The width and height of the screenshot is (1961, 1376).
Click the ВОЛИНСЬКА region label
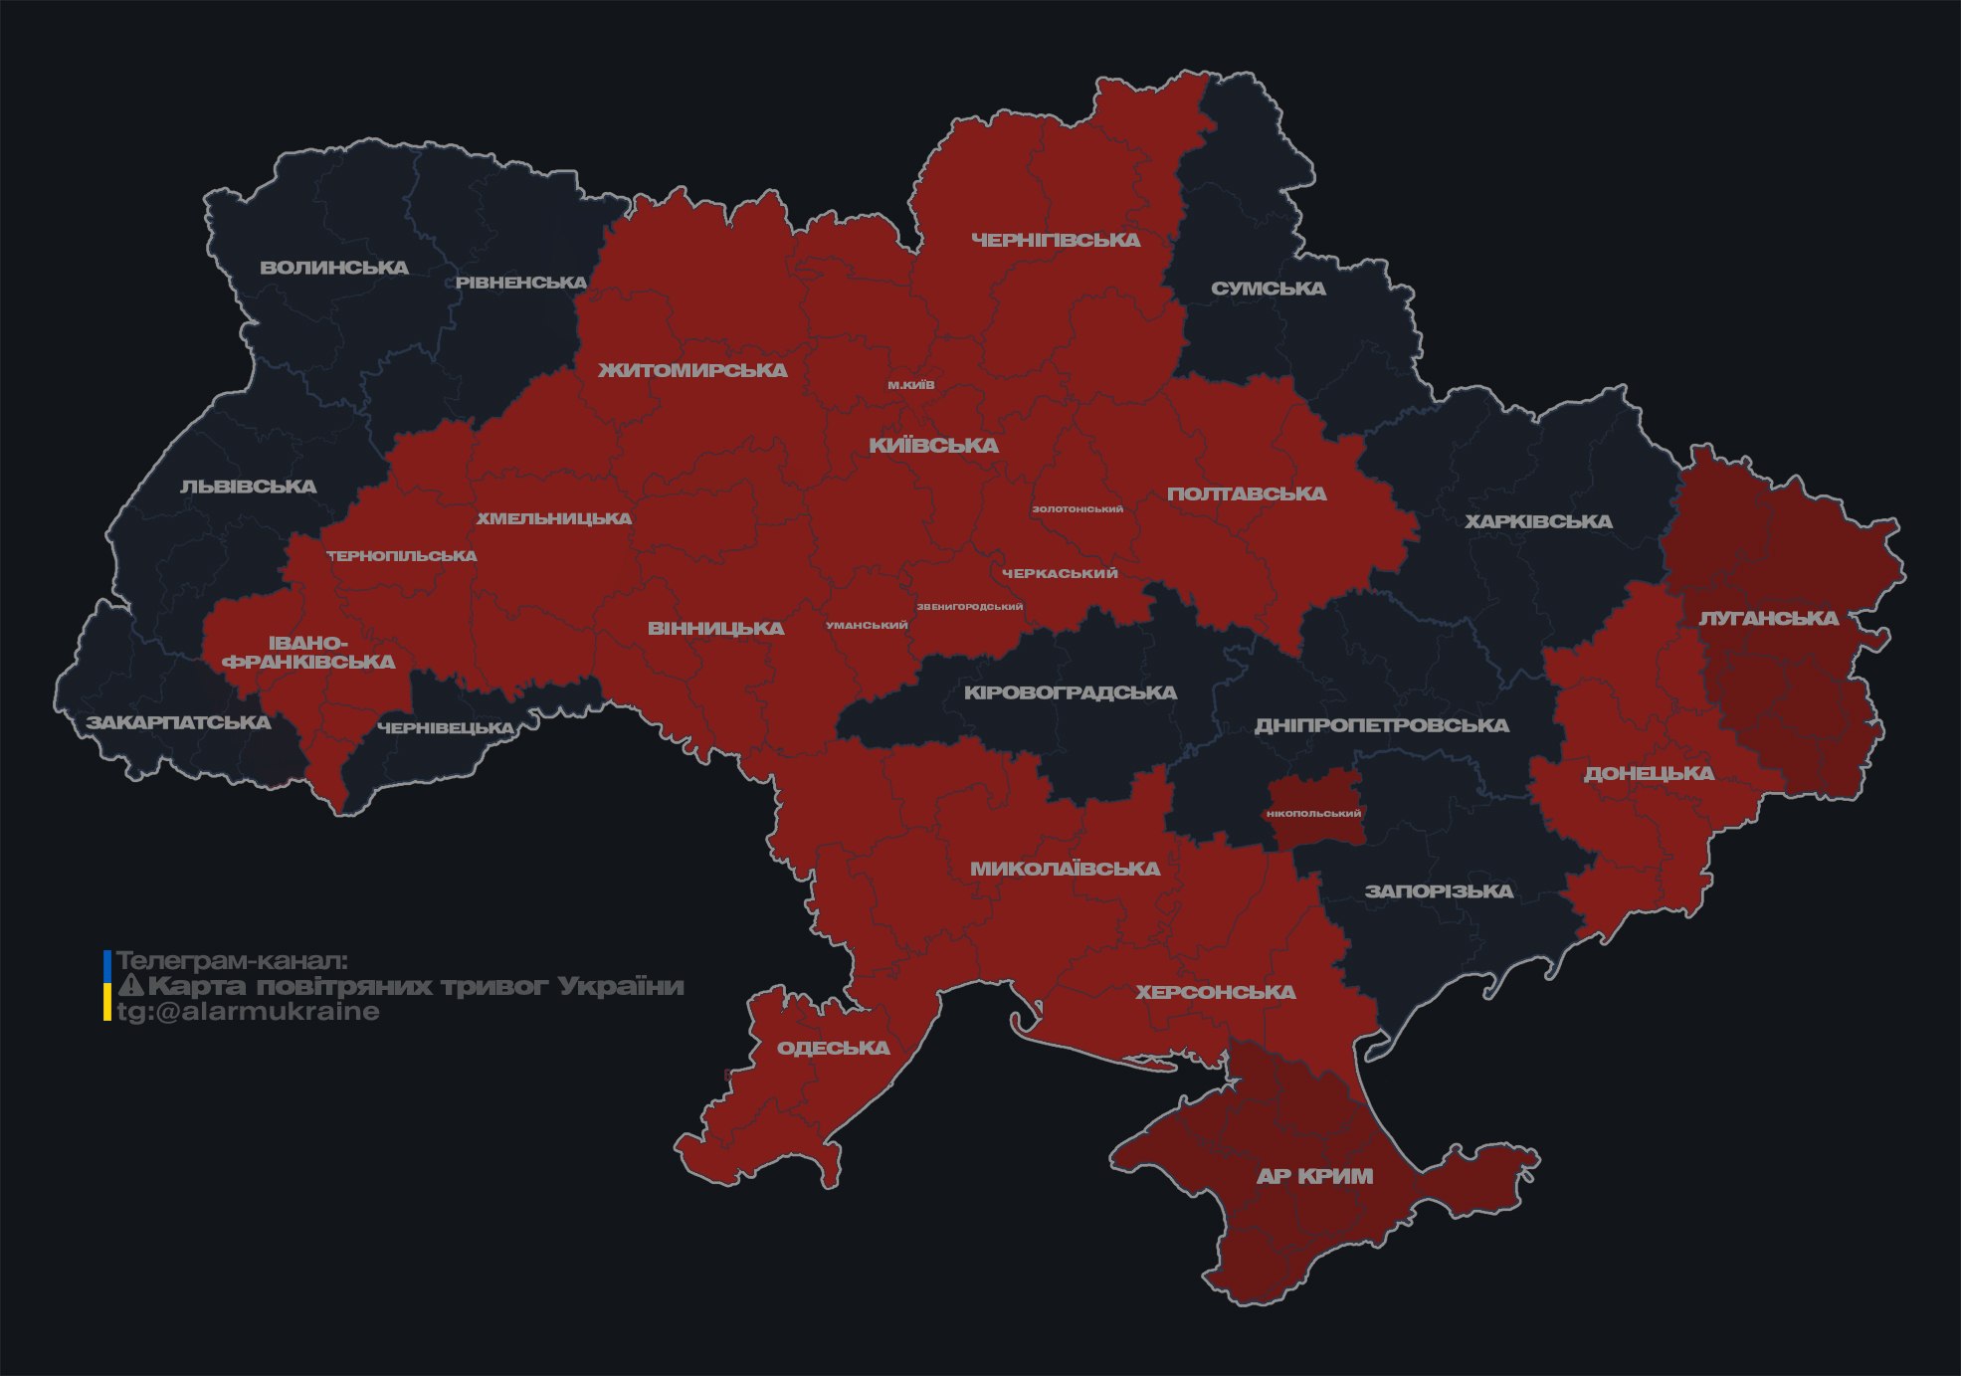333,268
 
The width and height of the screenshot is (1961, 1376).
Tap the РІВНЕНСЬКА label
521,283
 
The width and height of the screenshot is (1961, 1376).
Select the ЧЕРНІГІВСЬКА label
1056,240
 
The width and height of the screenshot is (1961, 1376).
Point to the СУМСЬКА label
1269,289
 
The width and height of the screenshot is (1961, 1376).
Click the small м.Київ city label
911,385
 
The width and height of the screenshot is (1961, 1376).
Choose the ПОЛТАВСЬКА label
1247,493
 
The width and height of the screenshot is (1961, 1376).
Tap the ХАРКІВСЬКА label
1538,521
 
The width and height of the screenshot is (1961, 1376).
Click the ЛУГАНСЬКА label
1769,618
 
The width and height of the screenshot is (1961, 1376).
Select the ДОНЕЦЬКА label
1649,773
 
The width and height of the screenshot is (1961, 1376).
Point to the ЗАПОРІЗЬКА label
1439,891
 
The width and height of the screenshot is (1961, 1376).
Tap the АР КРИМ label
1314,1176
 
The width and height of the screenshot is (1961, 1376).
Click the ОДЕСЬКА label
833,1048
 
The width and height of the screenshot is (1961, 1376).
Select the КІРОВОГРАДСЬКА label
1070,692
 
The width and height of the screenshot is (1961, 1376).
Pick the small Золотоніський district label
1078,509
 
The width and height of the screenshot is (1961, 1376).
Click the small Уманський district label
867,626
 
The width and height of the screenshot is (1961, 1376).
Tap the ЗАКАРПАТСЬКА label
178,722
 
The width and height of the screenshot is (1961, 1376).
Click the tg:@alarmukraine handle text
249,1012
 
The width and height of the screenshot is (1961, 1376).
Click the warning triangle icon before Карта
130,987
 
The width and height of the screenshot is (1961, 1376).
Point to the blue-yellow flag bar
107,986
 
